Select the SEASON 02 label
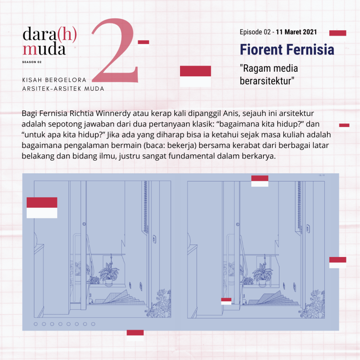coord(32,62)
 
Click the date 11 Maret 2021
coord(296,32)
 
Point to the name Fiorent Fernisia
coord(287,50)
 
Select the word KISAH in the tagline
coord(32,80)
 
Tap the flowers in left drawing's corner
coord(159,303)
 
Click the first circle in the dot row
coord(36,324)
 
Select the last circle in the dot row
coord(93,324)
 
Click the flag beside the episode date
coord(338,33)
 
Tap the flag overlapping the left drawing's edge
coord(42,207)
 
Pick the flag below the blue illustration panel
coord(135,335)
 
